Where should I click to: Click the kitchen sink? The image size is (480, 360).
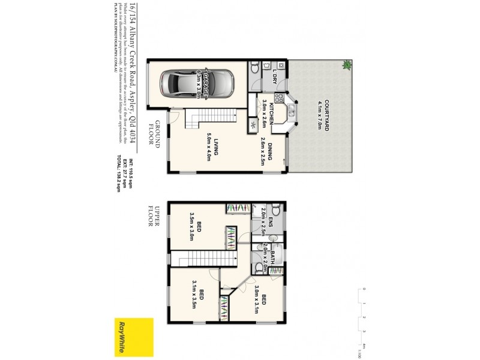290,110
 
